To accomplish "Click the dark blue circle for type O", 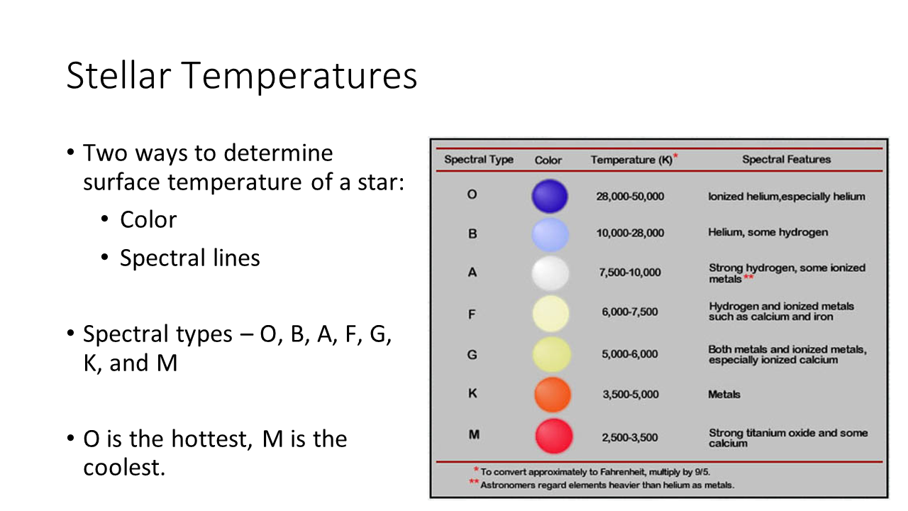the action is click(550, 197).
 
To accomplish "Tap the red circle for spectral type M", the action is click(554, 436).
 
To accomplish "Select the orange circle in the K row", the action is click(553, 395).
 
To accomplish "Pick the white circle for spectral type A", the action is click(550, 273).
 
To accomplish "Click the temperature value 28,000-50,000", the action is click(630, 197).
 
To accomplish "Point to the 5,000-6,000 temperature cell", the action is click(629, 354).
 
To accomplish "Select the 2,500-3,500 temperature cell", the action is click(629, 438).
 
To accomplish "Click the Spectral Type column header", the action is click(479, 160).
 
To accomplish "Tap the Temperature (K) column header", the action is click(634, 160).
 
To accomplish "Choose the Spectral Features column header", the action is click(787, 160).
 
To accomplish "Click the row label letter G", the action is click(472, 355).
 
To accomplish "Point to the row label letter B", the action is click(472, 234).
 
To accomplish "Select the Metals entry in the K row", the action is click(724, 395).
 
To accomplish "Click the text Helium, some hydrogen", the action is click(768, 232).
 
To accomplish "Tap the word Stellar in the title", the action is click(118, 75).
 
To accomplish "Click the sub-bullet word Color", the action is click(148, 220).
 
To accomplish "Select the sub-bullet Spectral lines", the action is click(189, 258).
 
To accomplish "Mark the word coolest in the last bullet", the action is click(124, 468).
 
